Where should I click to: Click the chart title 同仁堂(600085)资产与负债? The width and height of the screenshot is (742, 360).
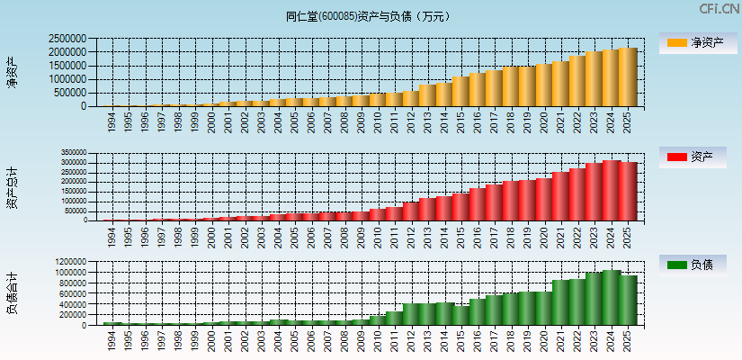point(371,16)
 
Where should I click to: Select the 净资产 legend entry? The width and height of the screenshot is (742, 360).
point(695,42)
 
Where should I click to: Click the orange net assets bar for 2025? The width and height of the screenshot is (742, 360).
point(627,77)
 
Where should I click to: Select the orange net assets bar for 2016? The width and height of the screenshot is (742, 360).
point(478,90)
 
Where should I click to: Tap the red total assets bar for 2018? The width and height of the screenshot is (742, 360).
point(511,201)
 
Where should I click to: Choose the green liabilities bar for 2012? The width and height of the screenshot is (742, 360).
point(411,314)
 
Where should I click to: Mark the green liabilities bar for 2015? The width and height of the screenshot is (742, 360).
point(460,315)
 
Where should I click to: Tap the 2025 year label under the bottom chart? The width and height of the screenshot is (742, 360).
point(627,341)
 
